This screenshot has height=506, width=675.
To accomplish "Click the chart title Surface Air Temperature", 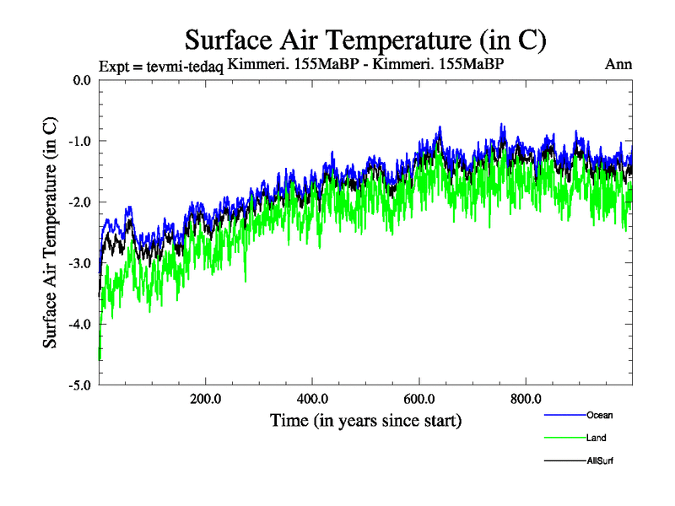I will pos(365,40).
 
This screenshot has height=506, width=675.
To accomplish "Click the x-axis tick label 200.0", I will pos(205,399).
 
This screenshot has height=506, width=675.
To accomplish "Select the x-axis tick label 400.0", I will pos(312,399).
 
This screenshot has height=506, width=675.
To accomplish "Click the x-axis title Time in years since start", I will pos(365,420).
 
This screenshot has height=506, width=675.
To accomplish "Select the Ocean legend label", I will pos(599,415).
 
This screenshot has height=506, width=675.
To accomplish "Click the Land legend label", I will pos(597,438).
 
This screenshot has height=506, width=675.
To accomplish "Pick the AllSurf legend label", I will pos(600,460).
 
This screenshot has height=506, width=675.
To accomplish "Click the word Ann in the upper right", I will pos(618,64).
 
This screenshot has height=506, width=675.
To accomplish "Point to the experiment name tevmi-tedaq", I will pos(185,67).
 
